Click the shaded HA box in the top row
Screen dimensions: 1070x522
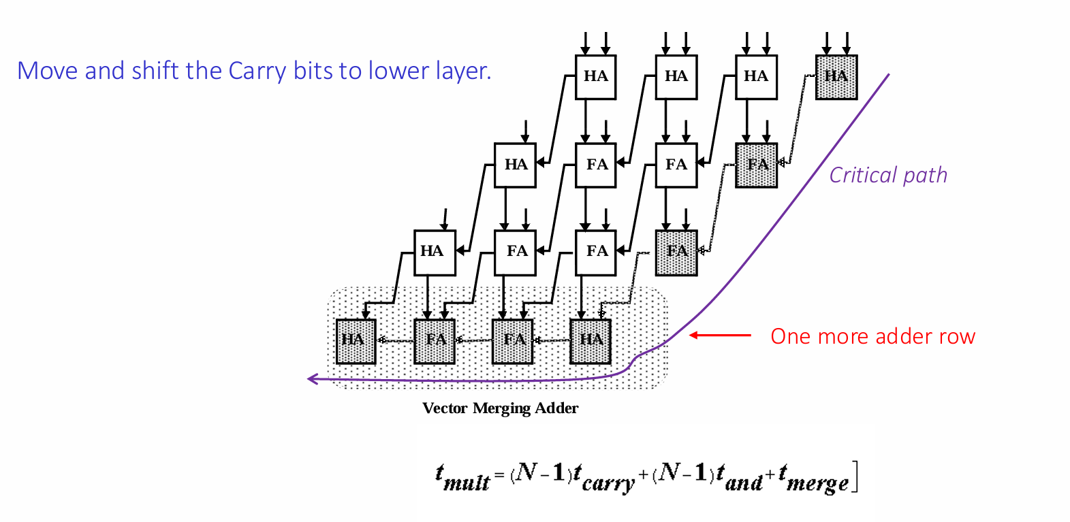(x=836, y=77)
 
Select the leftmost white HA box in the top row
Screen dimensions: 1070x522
(x=596, y=77)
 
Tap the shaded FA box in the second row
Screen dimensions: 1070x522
(x=756, y=165)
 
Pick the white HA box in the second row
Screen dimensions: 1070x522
(x=515, y=165)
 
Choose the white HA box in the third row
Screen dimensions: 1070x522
(x=435, y=253)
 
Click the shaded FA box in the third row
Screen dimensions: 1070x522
(x=676, y=253)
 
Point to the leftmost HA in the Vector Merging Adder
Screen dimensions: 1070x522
(x=356, y=342)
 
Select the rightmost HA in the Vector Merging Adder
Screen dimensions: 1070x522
(x=591, y=342)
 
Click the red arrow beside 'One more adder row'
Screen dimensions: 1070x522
(x=721, y=336)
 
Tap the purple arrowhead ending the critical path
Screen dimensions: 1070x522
(x=313, y=379)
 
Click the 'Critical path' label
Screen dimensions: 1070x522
(x=888, y=175)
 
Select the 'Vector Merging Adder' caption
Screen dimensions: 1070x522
(x=500, y=408)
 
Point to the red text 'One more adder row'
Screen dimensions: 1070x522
(x=872, y=336)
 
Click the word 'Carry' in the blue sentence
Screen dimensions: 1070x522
(x=258, y=71)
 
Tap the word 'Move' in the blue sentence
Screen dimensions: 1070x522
(x=47, y=71)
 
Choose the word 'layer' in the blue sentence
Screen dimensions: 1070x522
(x=463, y=71)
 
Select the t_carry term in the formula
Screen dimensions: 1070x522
(x=604, y=478)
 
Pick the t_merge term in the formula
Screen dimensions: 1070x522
(x=813, y=478)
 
